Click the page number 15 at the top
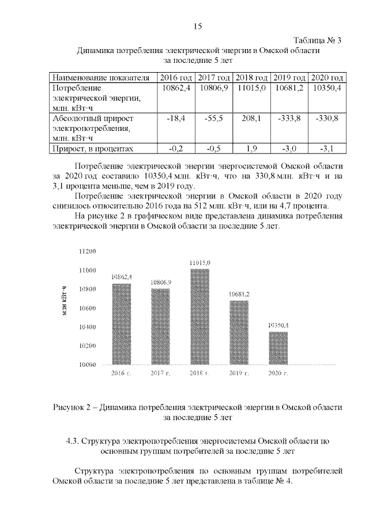197,26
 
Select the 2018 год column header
252,77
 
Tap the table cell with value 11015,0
252,88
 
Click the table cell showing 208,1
252,118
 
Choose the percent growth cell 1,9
252,149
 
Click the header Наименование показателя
101,77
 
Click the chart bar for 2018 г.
199,317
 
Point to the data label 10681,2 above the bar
239,294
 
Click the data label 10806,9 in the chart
160,283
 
